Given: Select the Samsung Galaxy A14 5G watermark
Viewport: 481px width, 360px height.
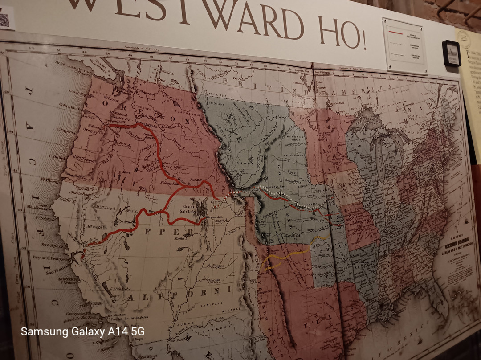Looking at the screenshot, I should (82, 331).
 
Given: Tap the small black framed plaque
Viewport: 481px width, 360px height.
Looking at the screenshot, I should (451, 53).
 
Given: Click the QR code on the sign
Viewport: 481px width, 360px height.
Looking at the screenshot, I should (4, 20).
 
